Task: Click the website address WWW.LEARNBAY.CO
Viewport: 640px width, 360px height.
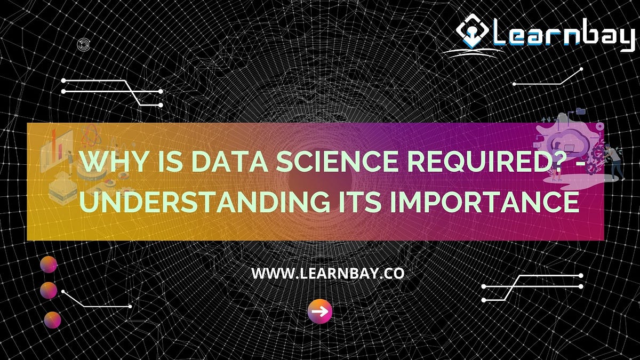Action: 327,274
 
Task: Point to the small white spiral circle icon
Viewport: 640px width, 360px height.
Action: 83,45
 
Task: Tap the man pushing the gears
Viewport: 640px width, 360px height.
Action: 615,163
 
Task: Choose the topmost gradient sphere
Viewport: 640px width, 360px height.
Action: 49,264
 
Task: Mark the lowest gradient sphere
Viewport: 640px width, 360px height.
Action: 52,320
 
